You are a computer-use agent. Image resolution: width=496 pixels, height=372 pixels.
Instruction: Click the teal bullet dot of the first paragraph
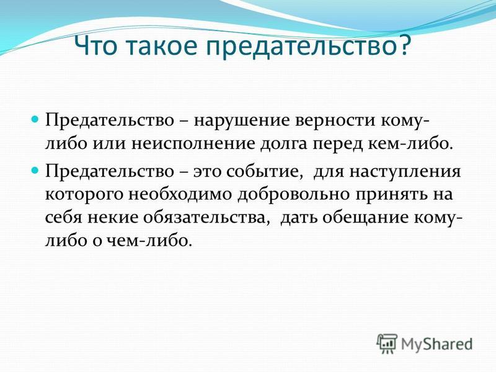pyautogui.click(x=35, y=120)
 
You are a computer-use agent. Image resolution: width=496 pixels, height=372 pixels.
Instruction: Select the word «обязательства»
pyautogui.click(x=207, y=218)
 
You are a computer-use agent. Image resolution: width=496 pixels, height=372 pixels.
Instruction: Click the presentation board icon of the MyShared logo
pyautogui.click(x=387, y=343)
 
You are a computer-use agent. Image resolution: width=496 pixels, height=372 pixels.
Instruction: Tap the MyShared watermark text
pyautogui.click(x=437, y=345)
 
